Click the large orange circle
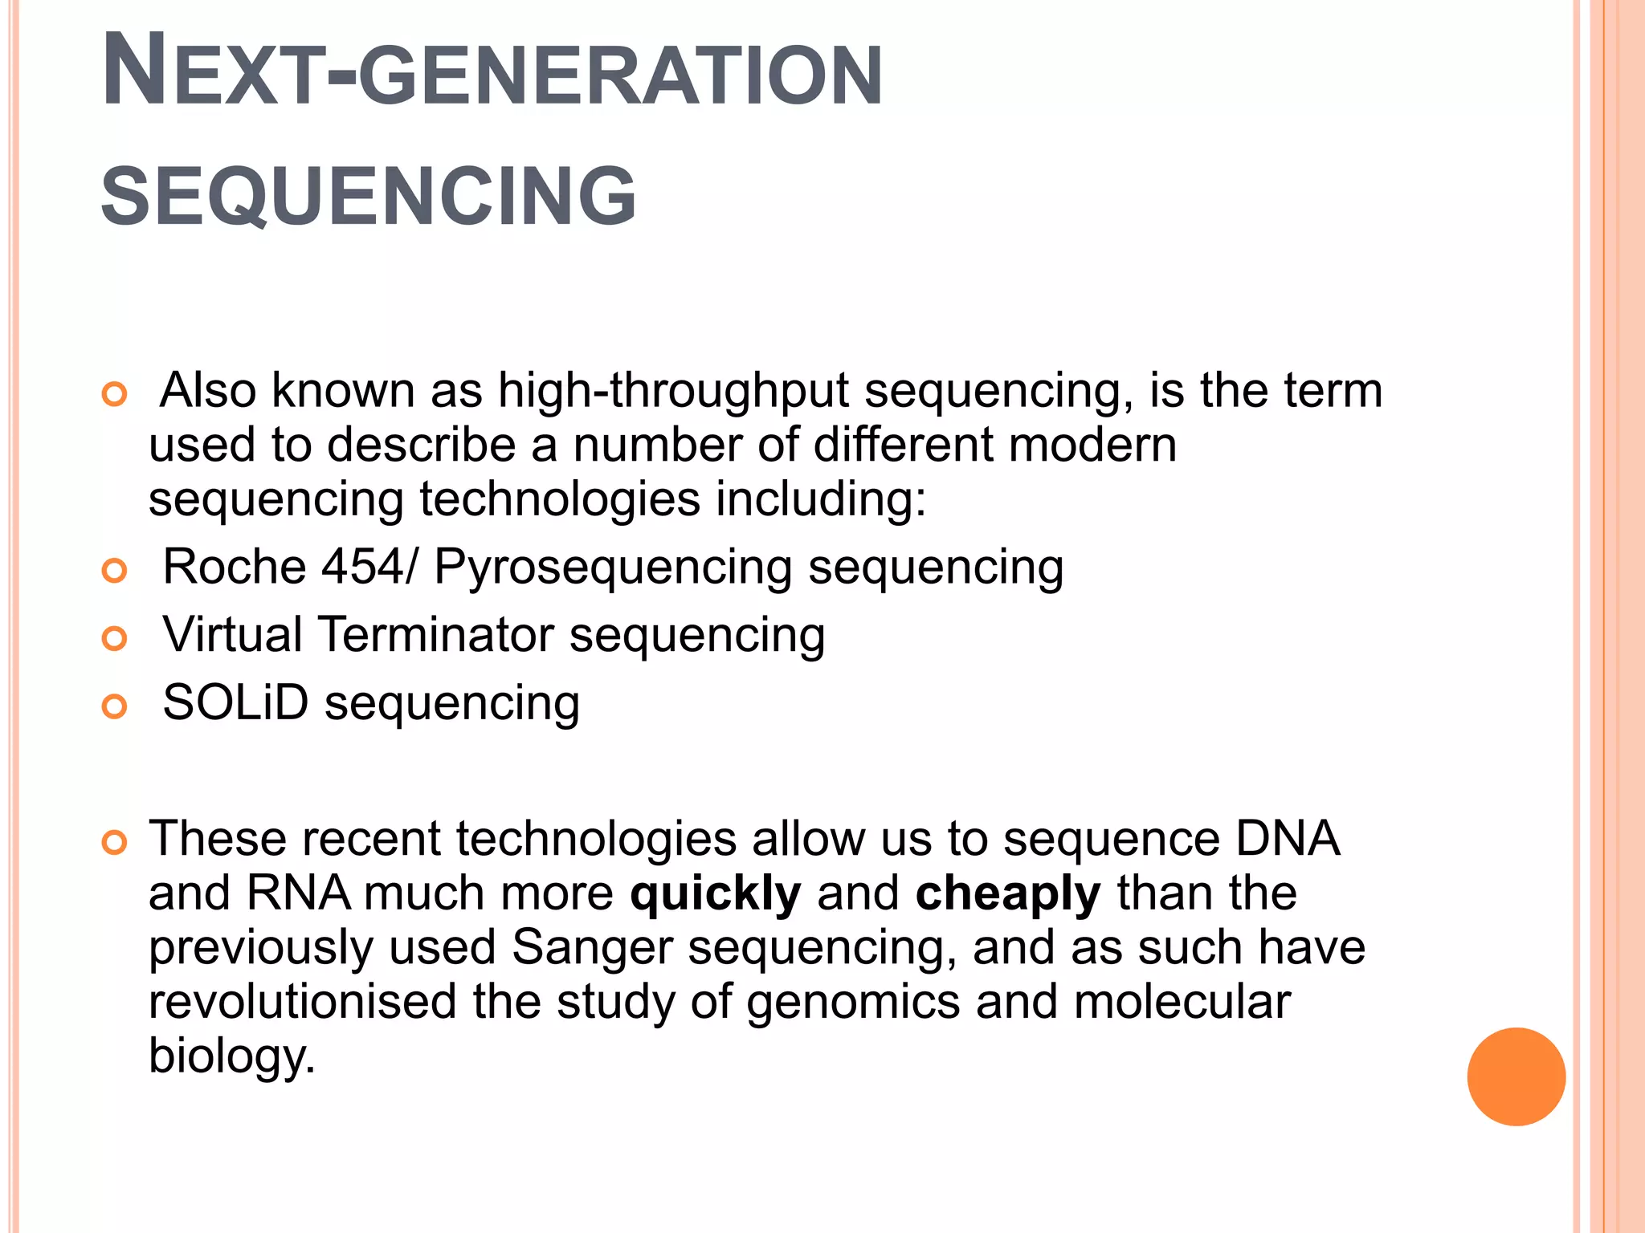(x=1516, y=1076)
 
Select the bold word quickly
(x=716, y=893)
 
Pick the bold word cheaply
(x=1007, y=893)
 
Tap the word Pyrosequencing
(x=613, y=568)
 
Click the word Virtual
(x=232, y=634)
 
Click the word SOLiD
(x=235, y=702)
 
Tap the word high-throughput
(x=673, y=392)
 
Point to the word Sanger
(x=591, y=948)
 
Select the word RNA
(x=299, y=893)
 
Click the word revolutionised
(x=302, y=1002)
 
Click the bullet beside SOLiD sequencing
(x=115, y=706)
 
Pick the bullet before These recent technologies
(x=115, y=843)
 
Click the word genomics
(x=853, y=1003)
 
